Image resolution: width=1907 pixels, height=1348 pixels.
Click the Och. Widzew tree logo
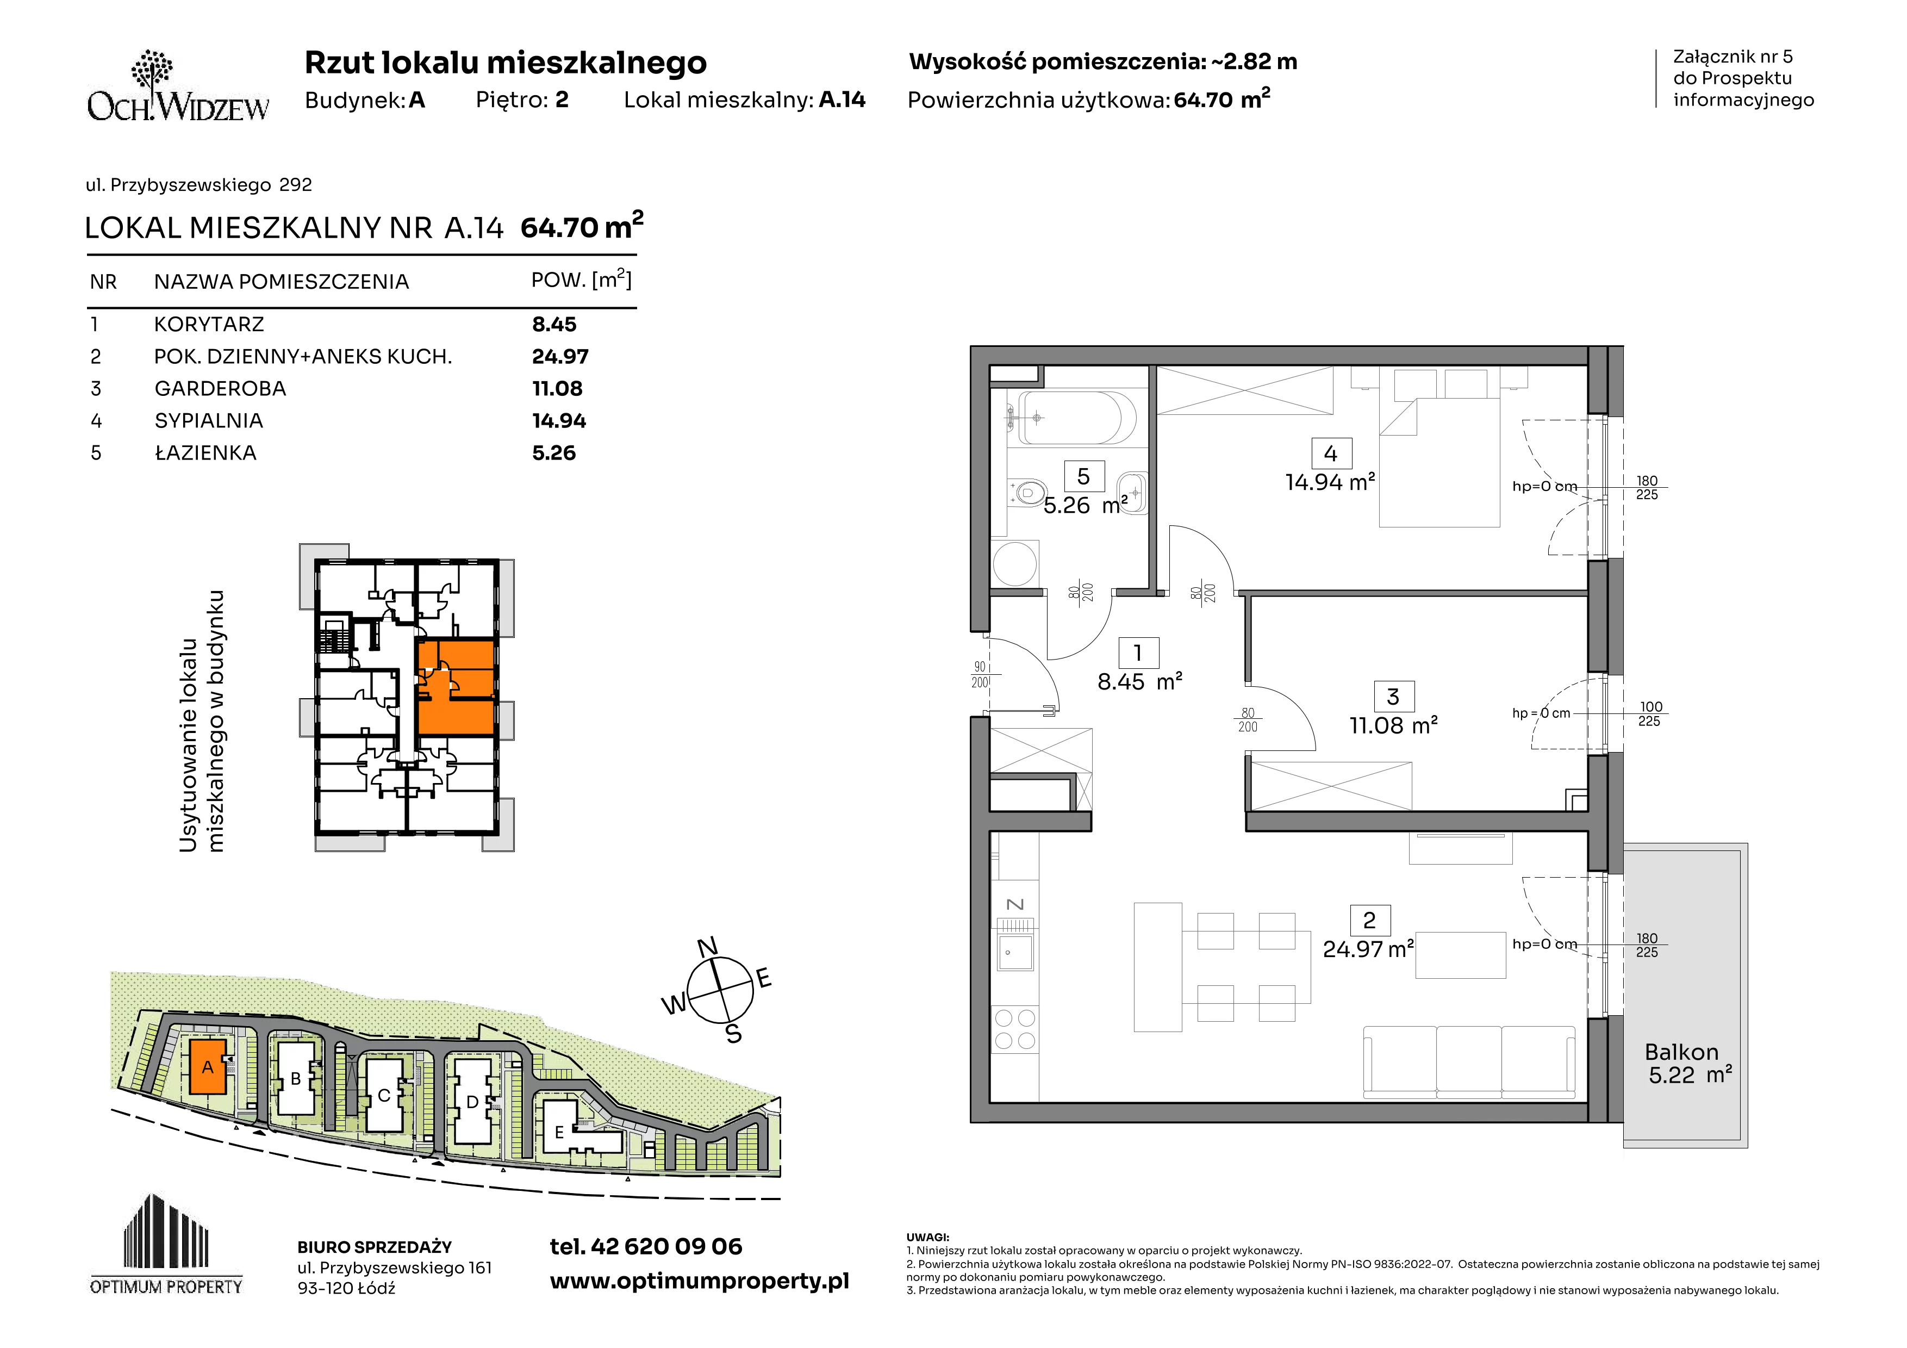(x=178, y=85)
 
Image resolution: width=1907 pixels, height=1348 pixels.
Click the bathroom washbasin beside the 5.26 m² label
(x=1133, y=493)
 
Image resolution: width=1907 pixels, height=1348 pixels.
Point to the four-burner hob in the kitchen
(x=1015, y=1029)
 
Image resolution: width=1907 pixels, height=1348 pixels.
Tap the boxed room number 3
(x=1393, y=697)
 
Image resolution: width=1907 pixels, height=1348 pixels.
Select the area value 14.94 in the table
(x=559, y=421)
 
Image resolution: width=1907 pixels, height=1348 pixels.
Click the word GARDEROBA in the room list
(x=220, y=389)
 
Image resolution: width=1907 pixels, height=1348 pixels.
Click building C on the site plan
(x=384, y=1095)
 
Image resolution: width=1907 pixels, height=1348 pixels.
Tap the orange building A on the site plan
(x=208, y=1066)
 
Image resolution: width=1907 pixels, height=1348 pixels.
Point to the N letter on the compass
(x=707, y=948)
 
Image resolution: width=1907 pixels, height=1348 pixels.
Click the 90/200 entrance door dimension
(x=980, y=674)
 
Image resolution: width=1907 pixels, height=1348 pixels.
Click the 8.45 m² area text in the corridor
(x=1139, y=682)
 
